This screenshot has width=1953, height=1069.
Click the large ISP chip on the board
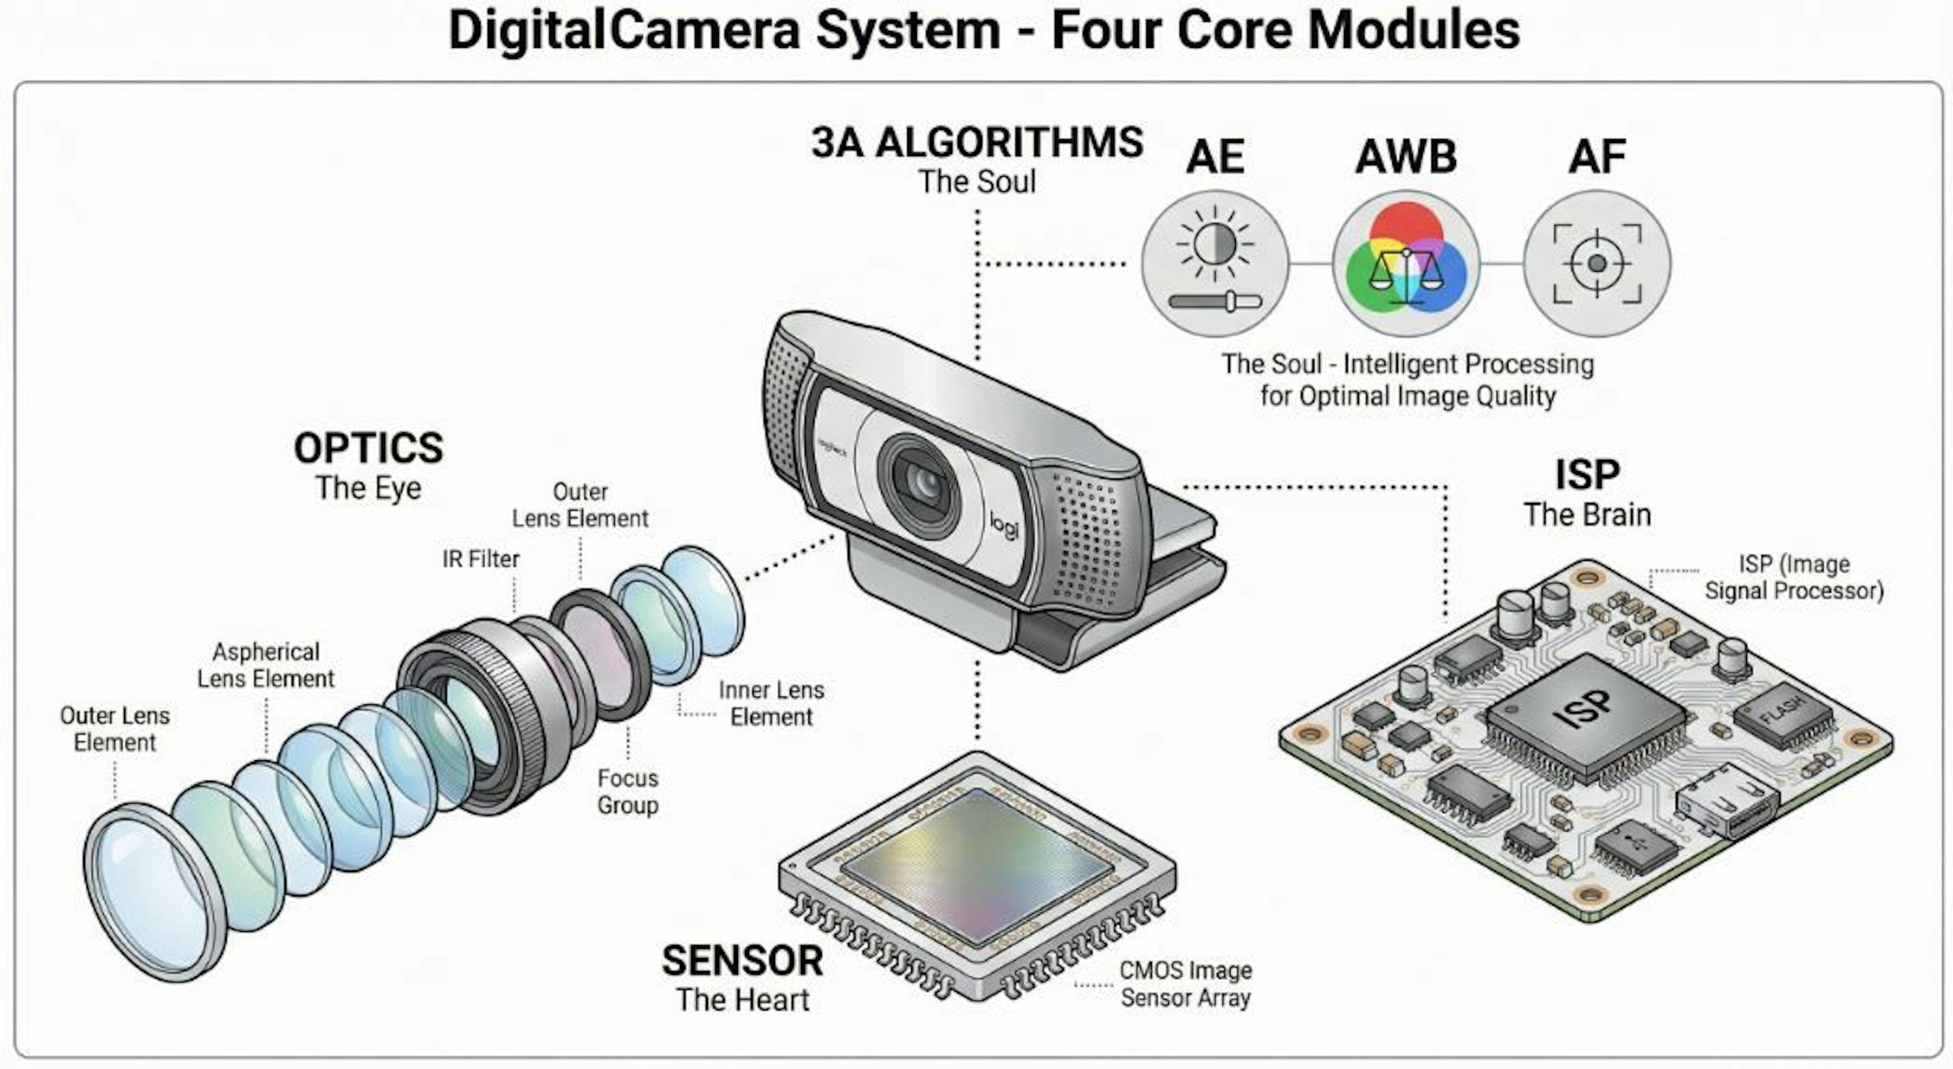pos(1585,712)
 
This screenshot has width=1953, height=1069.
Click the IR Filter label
pos(481,559)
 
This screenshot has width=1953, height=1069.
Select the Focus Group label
pos(628,791)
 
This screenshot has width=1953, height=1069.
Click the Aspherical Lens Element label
pos(265,665)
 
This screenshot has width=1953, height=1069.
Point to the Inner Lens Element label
pos(771,703)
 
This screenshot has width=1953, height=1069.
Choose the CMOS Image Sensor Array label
pos(1186,984)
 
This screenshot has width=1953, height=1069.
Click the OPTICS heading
pos(368,448)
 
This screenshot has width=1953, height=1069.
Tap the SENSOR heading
pos(742,961)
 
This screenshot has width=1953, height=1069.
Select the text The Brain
pos(1587,515)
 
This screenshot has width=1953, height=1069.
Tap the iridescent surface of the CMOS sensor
pos(978,864)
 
